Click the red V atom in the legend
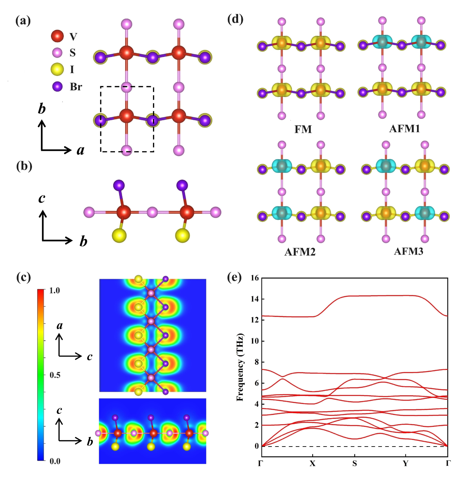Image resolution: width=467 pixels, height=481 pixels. pyautogui.click(x=57, y=36)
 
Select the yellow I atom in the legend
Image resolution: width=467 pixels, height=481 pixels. pyautogui.click(x=57, y=69)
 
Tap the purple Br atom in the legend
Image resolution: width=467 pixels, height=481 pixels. pyautogui.click(x=57, y=86)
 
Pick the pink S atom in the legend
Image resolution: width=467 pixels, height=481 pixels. pyautogui.click(x=57, y=53)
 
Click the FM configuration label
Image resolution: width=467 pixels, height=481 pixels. pyautogui.click(x=303, y=129)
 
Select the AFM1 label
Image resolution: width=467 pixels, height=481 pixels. pyautogui.click(x=404, y=129)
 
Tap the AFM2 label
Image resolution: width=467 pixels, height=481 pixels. pyautogui.click(x=300, y=252)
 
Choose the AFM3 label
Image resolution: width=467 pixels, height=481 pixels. pyautogui.click(x=408, y=251)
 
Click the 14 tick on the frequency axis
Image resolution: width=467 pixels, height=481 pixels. pyautogui.click(x=255, y=299)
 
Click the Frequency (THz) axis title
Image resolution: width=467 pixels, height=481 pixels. pyautogui.click(x=240, y=367)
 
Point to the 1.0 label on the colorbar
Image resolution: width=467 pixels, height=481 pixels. pyautogui.click(x=55, y=291)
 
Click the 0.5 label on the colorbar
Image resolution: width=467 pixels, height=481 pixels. pyautogui.click(x=55, y=375)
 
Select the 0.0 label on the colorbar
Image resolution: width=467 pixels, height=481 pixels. pyautogui.click(x=55, y=461)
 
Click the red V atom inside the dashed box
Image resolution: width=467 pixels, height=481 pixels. pyautogui.click(x=127, y=116)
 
